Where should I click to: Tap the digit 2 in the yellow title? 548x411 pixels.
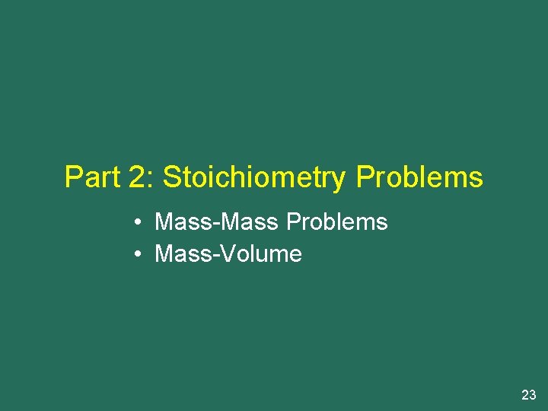[x=139, y=177]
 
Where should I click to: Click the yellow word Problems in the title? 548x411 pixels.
[x=419, y=177]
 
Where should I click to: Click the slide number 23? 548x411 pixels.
[x=528, y=395]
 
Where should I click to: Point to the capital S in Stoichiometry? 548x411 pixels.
[x=171, y=177]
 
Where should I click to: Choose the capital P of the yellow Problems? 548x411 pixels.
[x=365, y=177]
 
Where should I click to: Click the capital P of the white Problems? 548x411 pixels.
[x=292, y=222]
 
